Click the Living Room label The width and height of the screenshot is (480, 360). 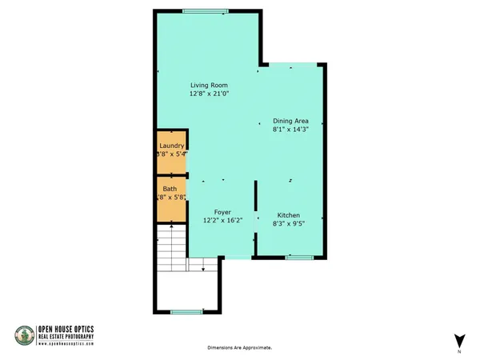coord(209,85)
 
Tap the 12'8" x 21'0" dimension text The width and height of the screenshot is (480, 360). coord(209,94)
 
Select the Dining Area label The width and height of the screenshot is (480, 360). coord(292,121)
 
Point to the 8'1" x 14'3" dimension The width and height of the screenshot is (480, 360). coord(292,130)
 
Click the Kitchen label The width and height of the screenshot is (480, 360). coord(288,216)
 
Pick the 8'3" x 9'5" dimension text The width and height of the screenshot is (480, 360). coord(288,225)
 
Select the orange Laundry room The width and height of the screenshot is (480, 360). coord(171,151)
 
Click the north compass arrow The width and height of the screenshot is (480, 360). coord(459,339)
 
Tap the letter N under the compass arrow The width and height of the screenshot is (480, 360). coord(459,352)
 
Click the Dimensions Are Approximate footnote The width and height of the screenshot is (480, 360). coord(240,348)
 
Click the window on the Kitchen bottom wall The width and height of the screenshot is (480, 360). coord(300,257)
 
